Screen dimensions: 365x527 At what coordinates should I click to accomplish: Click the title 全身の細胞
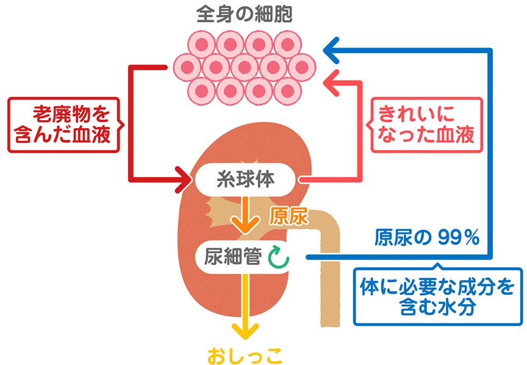245,14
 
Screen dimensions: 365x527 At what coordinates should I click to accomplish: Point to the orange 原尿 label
289,216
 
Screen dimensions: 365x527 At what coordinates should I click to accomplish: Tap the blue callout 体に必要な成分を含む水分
437,296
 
